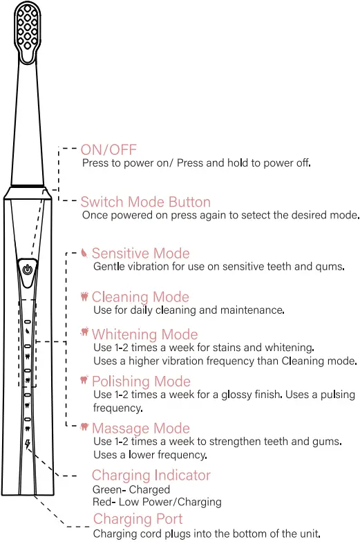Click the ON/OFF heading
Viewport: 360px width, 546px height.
[x=108, y=150]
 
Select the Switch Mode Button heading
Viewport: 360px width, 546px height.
[x=145, y=202]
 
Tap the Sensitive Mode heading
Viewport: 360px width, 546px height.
[x=140, y=254]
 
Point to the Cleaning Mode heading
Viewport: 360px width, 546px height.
[x=140, y=297]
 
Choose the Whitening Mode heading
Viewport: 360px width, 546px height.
[x=144, y=335]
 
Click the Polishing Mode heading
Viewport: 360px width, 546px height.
[x=141, y=381]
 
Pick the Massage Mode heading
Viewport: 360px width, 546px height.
[x=140, y=429]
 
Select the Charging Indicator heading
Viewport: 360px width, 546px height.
[x=151, y=476]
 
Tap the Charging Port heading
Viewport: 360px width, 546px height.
[x=138, y=519]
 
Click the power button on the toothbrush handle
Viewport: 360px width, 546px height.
[x=27, y=269]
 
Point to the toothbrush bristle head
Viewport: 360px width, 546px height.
[x=28, y=31]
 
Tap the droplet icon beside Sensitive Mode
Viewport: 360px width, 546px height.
[x=84, y=253]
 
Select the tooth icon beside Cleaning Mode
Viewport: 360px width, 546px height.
[x=84, y=296]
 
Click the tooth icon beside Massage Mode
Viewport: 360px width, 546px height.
[x=84, y=428]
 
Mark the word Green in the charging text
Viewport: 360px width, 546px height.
[x=106, y=490]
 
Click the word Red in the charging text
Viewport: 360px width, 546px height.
[x=102, y=502]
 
